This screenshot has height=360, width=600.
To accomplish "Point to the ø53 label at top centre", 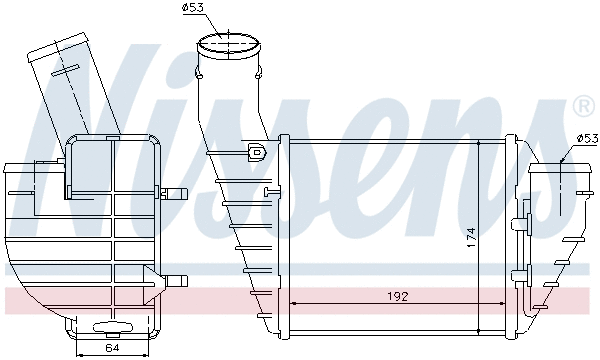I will pyautogui.click(x=193, y=9).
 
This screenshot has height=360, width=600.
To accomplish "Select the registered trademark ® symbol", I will pyautogui.click(x=582, y=105).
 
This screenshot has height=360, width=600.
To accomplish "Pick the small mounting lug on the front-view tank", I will pyautogui.click(x=254, y=153).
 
